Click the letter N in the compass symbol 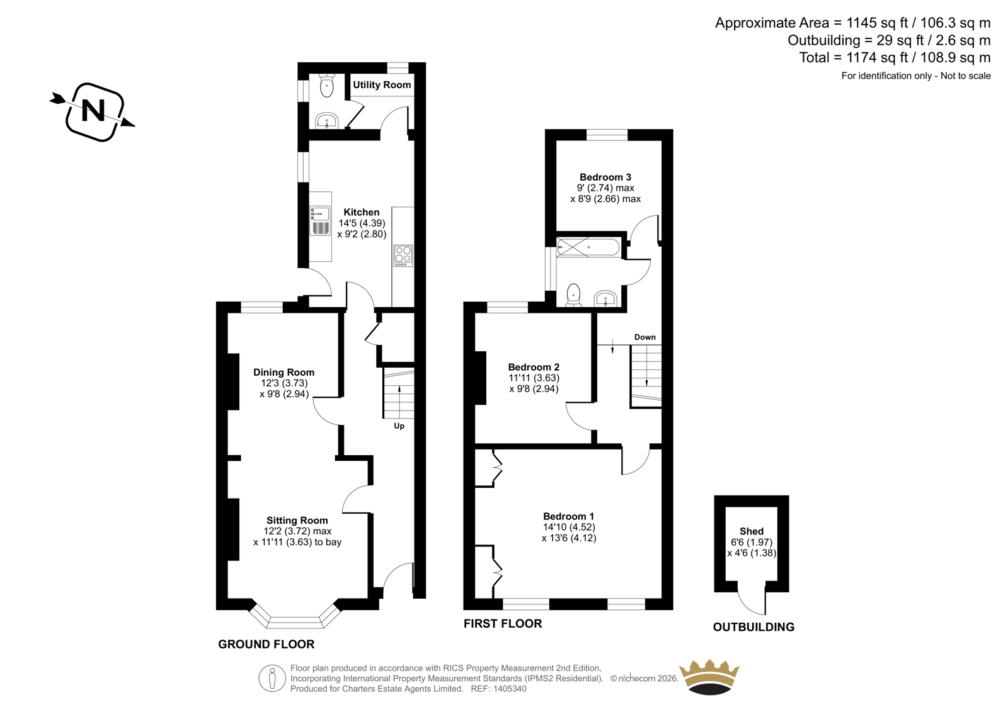point(93,110)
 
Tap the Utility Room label point(382,84)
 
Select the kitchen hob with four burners point(403,255)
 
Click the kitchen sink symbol point(320,220)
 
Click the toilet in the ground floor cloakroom point(326,86)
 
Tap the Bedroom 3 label point(605,177)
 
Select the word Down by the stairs point(645,337)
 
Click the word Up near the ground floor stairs point(399,426)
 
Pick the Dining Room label point(283,373)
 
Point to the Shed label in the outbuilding point(752,531)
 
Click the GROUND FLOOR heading point(266,644)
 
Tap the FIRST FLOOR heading point(503,623)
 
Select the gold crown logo point(709,677)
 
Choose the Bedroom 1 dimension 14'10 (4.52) point(569,527)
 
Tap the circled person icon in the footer point(272,678)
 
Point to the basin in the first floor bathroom point(605,298)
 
